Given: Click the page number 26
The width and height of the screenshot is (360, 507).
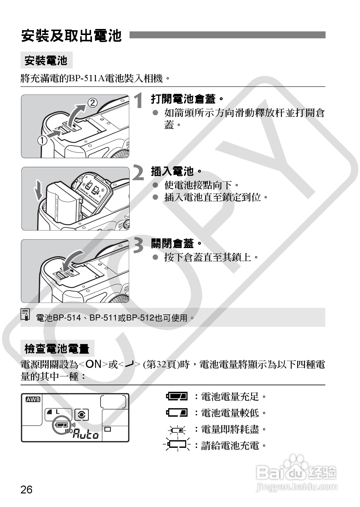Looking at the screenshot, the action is (26, 489).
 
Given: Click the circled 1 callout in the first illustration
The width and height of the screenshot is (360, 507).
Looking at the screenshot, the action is (42, 140).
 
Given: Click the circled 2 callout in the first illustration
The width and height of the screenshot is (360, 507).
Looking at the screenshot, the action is (93, 103).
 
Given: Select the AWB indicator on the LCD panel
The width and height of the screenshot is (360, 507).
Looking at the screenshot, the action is (33, 400).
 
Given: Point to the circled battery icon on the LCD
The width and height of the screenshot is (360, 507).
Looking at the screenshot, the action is (62, 425).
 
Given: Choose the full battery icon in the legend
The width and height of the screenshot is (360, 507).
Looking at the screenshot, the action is (177, 396).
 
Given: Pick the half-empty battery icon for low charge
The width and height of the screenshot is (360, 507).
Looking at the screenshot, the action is (177, 412).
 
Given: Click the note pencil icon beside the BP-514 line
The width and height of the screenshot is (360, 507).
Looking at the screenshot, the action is (26, 314).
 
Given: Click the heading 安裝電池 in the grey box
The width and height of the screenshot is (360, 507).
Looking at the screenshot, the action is (46, 61).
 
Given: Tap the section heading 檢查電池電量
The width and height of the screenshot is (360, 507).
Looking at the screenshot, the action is (57, 349).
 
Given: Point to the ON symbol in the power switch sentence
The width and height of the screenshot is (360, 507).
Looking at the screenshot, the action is (93, 364).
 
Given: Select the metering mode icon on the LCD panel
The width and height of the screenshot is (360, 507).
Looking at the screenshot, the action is (81, 415).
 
